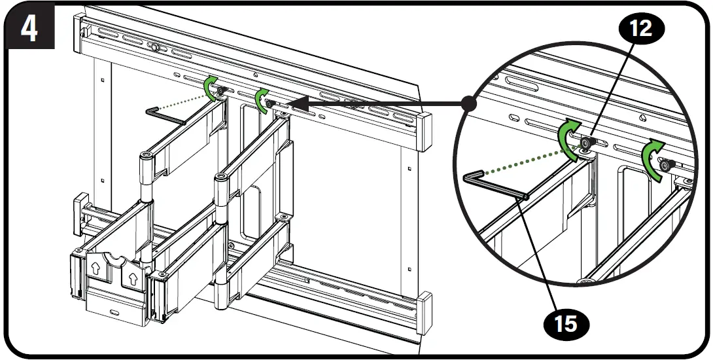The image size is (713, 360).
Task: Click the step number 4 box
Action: click(29, 29)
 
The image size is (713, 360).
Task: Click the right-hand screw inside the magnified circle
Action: click(665, 166)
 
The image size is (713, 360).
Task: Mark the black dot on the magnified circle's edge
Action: click(468, 103)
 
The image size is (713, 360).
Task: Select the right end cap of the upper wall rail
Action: click(425, 129)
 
